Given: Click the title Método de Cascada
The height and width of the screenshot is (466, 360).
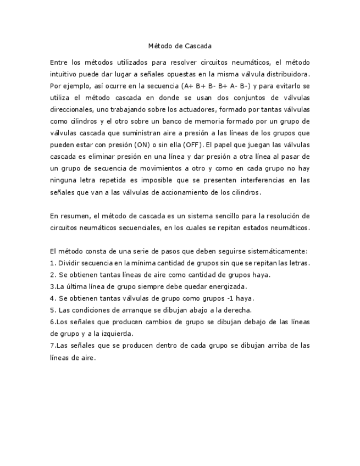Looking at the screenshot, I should pos(180,46).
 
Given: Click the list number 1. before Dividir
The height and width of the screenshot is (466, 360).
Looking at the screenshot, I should pos(52,263).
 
